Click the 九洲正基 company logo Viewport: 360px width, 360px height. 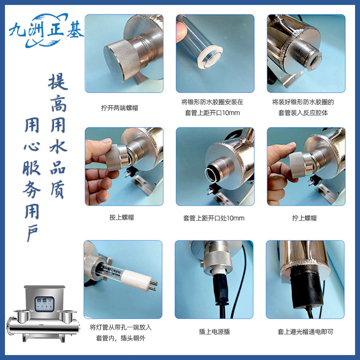[46, 30]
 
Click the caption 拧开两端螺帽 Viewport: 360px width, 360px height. [119, 108]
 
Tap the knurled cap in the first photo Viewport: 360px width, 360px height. [121, 60]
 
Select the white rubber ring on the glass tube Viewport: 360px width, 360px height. [210, 58]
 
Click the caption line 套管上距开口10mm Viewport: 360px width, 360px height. [212, 113]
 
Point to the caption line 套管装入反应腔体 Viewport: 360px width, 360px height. [303, 113]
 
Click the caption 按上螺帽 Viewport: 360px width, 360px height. [121, 217]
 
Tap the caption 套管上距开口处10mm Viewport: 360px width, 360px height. [213, 218]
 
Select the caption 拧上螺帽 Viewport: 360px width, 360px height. [304, 218]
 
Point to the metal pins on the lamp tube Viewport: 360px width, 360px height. [152, 284]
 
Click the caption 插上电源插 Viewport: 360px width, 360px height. [214, 332]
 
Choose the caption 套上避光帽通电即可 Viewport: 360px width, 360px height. [305, 332]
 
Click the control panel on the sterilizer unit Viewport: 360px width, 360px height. [45, 304]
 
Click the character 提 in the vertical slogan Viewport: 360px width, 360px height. [58, 82]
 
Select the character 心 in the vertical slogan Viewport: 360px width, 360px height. [32, 146]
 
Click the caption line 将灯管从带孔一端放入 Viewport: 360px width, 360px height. [121, 327]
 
